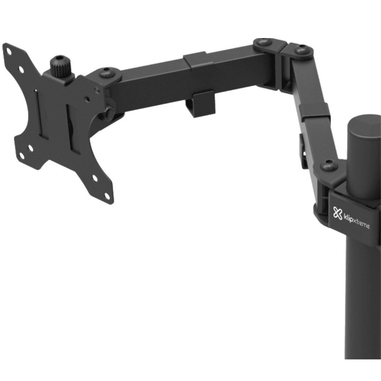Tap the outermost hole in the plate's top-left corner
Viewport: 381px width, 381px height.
pos(9,52)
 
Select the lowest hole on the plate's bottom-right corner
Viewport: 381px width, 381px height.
pos(106,195)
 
